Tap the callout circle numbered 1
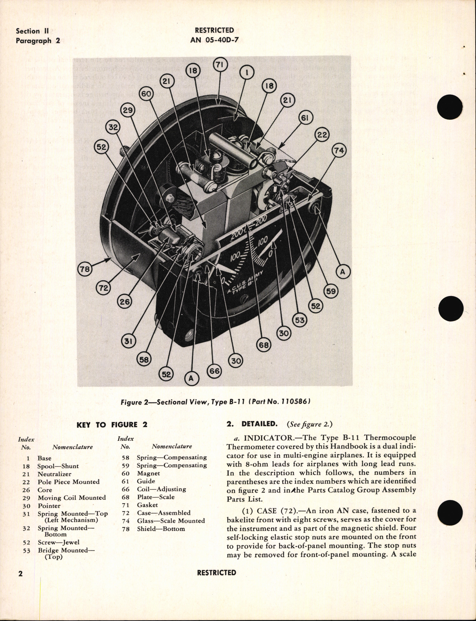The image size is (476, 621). (x=247, y=72)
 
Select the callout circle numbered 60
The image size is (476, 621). (x=147, y=94)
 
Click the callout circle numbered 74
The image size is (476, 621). (x=339, y=151)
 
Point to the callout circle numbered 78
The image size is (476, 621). (x=85, y=269)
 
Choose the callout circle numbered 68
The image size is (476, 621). (x=264, y=345)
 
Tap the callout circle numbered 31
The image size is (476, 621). (x=129, y=341)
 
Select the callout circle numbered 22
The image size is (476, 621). (x=322, y=135)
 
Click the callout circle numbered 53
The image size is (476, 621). (x=299, y=320)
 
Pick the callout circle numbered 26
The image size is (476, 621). (x=124, y=301)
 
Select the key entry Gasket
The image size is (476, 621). (x=147, y=505)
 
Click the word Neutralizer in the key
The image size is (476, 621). (x=54, y=474)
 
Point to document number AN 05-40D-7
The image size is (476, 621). (x=214, y=40)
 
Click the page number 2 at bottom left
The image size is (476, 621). (x=20, y=574)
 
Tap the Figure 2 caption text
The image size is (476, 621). (x=216, y=402)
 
